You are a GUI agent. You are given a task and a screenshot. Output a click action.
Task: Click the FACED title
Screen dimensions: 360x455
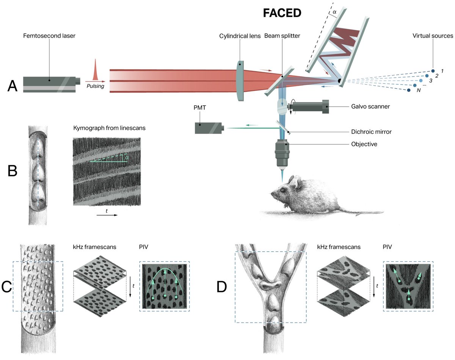282,13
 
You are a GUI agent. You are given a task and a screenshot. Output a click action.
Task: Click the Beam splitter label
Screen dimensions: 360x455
282,36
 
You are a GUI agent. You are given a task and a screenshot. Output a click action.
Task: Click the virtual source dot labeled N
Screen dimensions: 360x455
409,90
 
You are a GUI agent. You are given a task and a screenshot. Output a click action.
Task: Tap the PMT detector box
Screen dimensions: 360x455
209,128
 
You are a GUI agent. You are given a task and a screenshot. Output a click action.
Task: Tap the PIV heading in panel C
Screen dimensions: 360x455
144,247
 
